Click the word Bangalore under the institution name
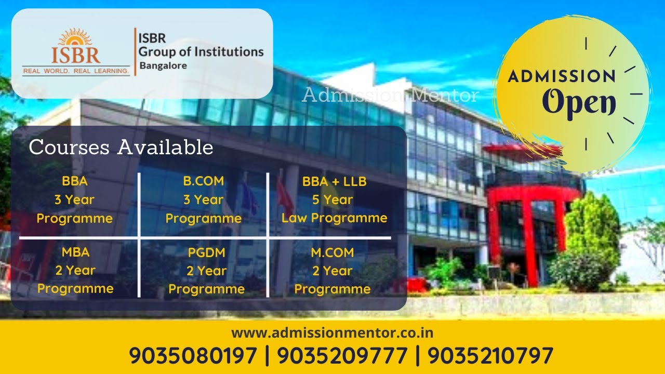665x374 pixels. pyautogui.click(x=163, y=66)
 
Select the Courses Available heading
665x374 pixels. pyautogui.click(x=121, y=148)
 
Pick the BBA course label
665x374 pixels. pyautogui.click(x=74, y=181)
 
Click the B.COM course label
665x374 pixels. pyautogui.click(x=203, y=181)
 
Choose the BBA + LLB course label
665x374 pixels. pyautogui.click(x=334, y=181)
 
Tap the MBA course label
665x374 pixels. pyautogui.click(x=75, y=252)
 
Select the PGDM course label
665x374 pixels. pyautogui.click(x=206, y=253)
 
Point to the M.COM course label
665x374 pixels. pyautogui.click(x=332, y=252)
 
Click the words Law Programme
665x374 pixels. pyautogui.click(x=334, y=218)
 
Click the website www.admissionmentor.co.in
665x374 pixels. pyautogui.click(x=332, y=332)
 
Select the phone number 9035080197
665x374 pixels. pyautogui.click(x=193, y=356)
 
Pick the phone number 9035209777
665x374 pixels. pyautogui.click(x=342, y=356)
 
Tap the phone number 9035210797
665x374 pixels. pyautogui.click(x=490, y=356)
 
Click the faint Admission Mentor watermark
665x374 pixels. pyautogui.click(x=390, y=95)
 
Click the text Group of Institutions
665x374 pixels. pyautogui.click(x=201, y=52)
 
